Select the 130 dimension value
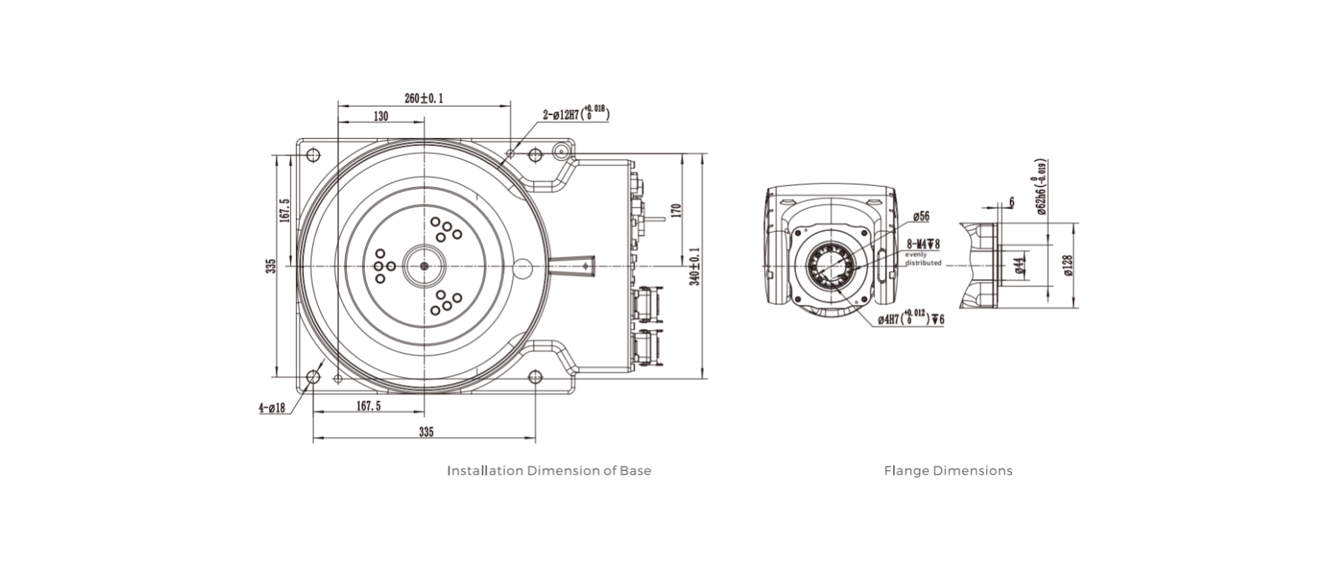tap(380, 117)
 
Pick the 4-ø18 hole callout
tap(272, 408)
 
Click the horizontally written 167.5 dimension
tap(368, 406)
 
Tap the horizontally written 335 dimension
tap(426, 433)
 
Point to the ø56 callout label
tap(920, 217)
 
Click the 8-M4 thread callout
tap(923, 244)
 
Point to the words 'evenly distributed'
tap(923, 258)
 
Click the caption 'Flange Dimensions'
tap(948, 471)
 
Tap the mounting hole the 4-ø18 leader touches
tap(313, 377)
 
